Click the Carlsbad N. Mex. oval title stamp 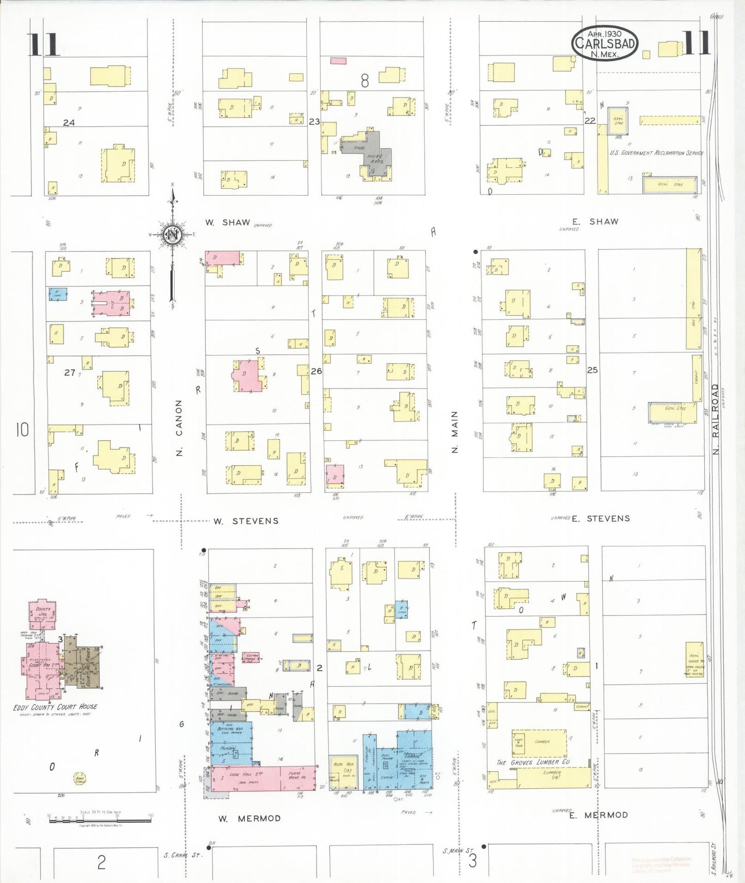(x=605, y=43)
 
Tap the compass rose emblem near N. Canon (x=172, y=235)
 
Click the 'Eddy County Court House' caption (x=55, y=707)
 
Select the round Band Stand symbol (x=79, y=778)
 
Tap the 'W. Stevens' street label (x=246, y=521)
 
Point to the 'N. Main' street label (x=455, y=432)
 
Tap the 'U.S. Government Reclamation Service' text (x=656, y=153)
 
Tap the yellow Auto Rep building (x=344, y=772)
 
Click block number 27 (x=69, y=372)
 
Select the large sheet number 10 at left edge (x=22, y=430)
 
